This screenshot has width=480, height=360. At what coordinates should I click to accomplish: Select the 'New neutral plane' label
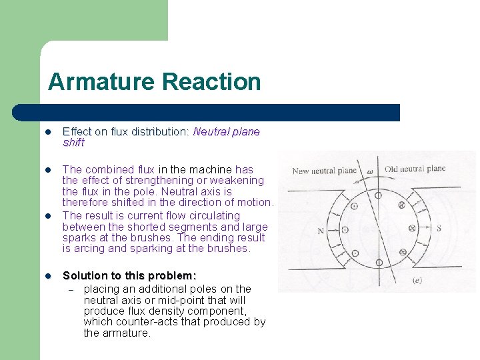click(x=325, y=171)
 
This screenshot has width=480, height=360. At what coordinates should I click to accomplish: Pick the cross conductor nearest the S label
click(x=411, y=229)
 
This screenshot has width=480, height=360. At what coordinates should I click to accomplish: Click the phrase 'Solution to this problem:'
click(x=129, y=276)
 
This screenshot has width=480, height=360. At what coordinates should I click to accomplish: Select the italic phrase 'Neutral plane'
click(x=226, y=132)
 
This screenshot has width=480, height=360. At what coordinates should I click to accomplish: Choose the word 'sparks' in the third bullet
click(x=79, y=238)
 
